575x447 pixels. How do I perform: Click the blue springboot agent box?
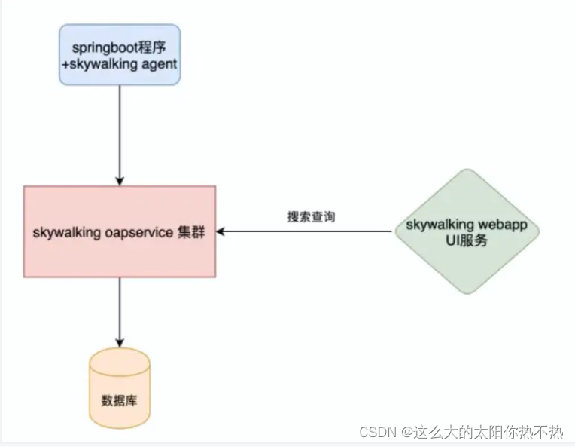coord(120,55)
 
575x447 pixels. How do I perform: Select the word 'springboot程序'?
coord(119,47)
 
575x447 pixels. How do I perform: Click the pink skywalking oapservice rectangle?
coord(120,231)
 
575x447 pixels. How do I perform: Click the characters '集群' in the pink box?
coord(191,232)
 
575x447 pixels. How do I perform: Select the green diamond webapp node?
coord(467,231)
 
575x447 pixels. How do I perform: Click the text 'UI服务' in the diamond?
coord(467,240)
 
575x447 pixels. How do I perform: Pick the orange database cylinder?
coord(120,388)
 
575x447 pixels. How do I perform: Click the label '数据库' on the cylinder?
coord(119,400)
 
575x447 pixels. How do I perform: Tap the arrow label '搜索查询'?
coord(311,216)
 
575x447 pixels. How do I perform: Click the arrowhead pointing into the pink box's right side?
coord(220,231)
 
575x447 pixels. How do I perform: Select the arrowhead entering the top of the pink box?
coord(120,182)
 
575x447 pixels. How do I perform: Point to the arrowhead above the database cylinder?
coord(120,343)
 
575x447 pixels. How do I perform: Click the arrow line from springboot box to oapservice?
coord(120,136)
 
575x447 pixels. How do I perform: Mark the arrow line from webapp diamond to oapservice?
coord(304,231)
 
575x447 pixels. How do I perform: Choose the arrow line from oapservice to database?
coord(120,312)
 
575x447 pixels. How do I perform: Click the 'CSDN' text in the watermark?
coord(378,433)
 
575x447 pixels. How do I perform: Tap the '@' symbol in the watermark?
coord(407,433)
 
